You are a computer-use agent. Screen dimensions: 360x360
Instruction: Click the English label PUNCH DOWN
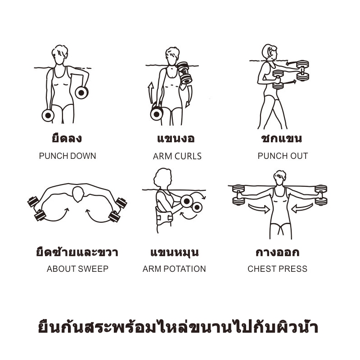click(x=67, y=156)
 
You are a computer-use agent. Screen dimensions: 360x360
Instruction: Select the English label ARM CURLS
click(x=177, y=156)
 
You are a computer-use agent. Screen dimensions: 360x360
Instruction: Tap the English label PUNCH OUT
click(x=283, y=156)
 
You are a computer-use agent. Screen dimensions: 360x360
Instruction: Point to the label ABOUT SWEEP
click(x=77, y=269)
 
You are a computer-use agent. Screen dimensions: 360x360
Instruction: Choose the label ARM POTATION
click(x=174, y=269)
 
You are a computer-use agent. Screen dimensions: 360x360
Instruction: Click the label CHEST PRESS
click(x=277, y=269)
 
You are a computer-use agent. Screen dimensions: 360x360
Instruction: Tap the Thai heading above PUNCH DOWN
click(x=67, y=138)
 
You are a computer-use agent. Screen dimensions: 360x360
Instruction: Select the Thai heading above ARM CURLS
click(x=176, y=139)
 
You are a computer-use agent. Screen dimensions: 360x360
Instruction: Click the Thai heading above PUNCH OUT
click(x=282, y=138)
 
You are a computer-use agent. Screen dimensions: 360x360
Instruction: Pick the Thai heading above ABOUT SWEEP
click(x=77, y=252)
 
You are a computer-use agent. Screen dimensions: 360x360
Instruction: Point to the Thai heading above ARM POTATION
click(x=174, y=252)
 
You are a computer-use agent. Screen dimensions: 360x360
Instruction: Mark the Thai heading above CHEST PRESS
click(x=277, y=252)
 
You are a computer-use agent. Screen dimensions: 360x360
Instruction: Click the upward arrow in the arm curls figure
click(x=151, y=92)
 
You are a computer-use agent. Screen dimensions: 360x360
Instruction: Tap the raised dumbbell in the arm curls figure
click(x=184, y=72)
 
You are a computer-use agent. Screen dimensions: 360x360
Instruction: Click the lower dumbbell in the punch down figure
click(x=48, y=115)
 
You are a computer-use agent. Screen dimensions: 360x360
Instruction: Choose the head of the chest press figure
click(x=279, y=177)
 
